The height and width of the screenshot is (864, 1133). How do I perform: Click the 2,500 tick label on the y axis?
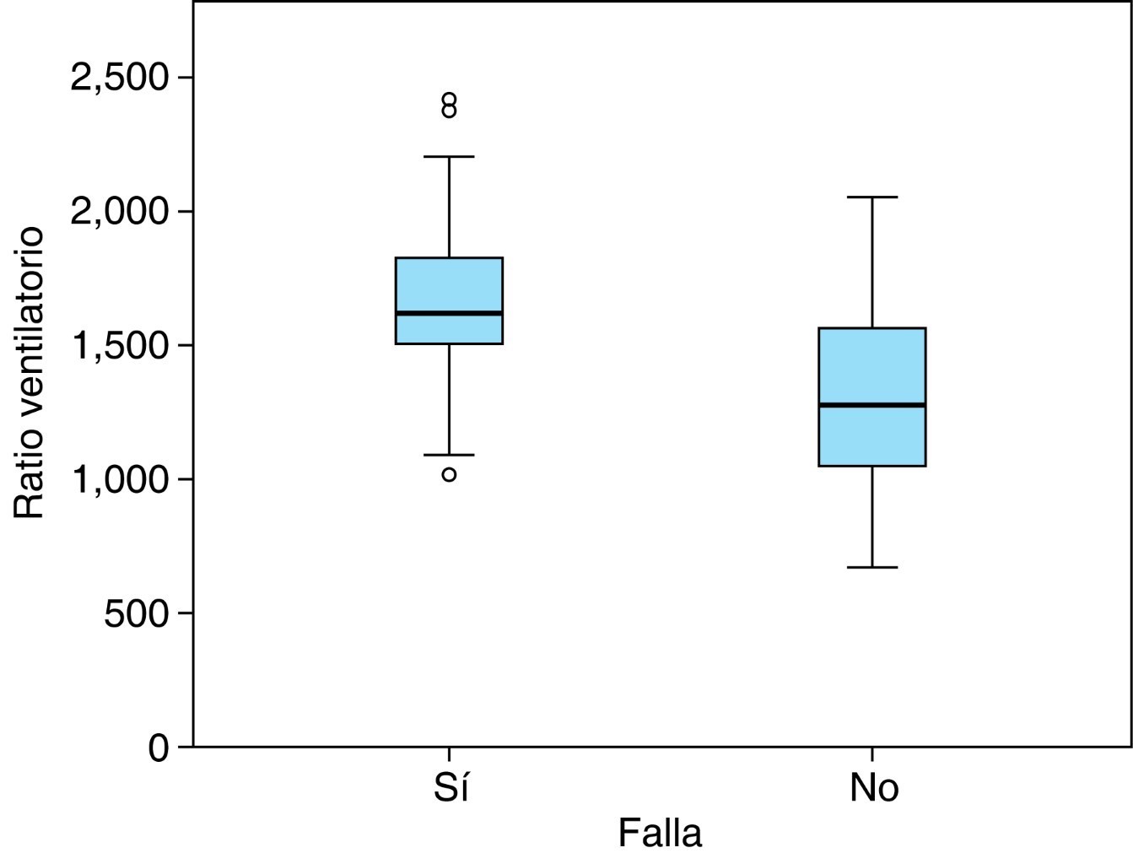120,78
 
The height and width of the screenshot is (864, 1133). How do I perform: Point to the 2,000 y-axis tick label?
120,211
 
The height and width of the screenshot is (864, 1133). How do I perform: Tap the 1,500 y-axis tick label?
120,345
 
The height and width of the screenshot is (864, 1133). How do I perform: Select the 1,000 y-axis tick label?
120,479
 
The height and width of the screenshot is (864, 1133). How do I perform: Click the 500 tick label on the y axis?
136,613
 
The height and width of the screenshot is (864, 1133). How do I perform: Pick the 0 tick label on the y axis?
159,748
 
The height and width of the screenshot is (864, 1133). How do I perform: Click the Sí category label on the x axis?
451,787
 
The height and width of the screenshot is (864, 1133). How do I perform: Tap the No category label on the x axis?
874,787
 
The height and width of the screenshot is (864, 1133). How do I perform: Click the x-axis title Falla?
660,834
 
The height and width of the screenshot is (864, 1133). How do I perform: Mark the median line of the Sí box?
450,313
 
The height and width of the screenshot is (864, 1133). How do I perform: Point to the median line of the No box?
872,405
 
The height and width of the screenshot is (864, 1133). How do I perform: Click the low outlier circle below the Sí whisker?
449,474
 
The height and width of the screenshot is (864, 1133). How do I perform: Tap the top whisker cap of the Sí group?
449,157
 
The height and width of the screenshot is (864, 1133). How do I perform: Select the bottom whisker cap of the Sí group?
449,455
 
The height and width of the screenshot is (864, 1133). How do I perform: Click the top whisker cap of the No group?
872,197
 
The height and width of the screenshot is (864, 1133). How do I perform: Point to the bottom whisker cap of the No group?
872,567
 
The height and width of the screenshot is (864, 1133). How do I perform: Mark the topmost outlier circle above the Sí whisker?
449,99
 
